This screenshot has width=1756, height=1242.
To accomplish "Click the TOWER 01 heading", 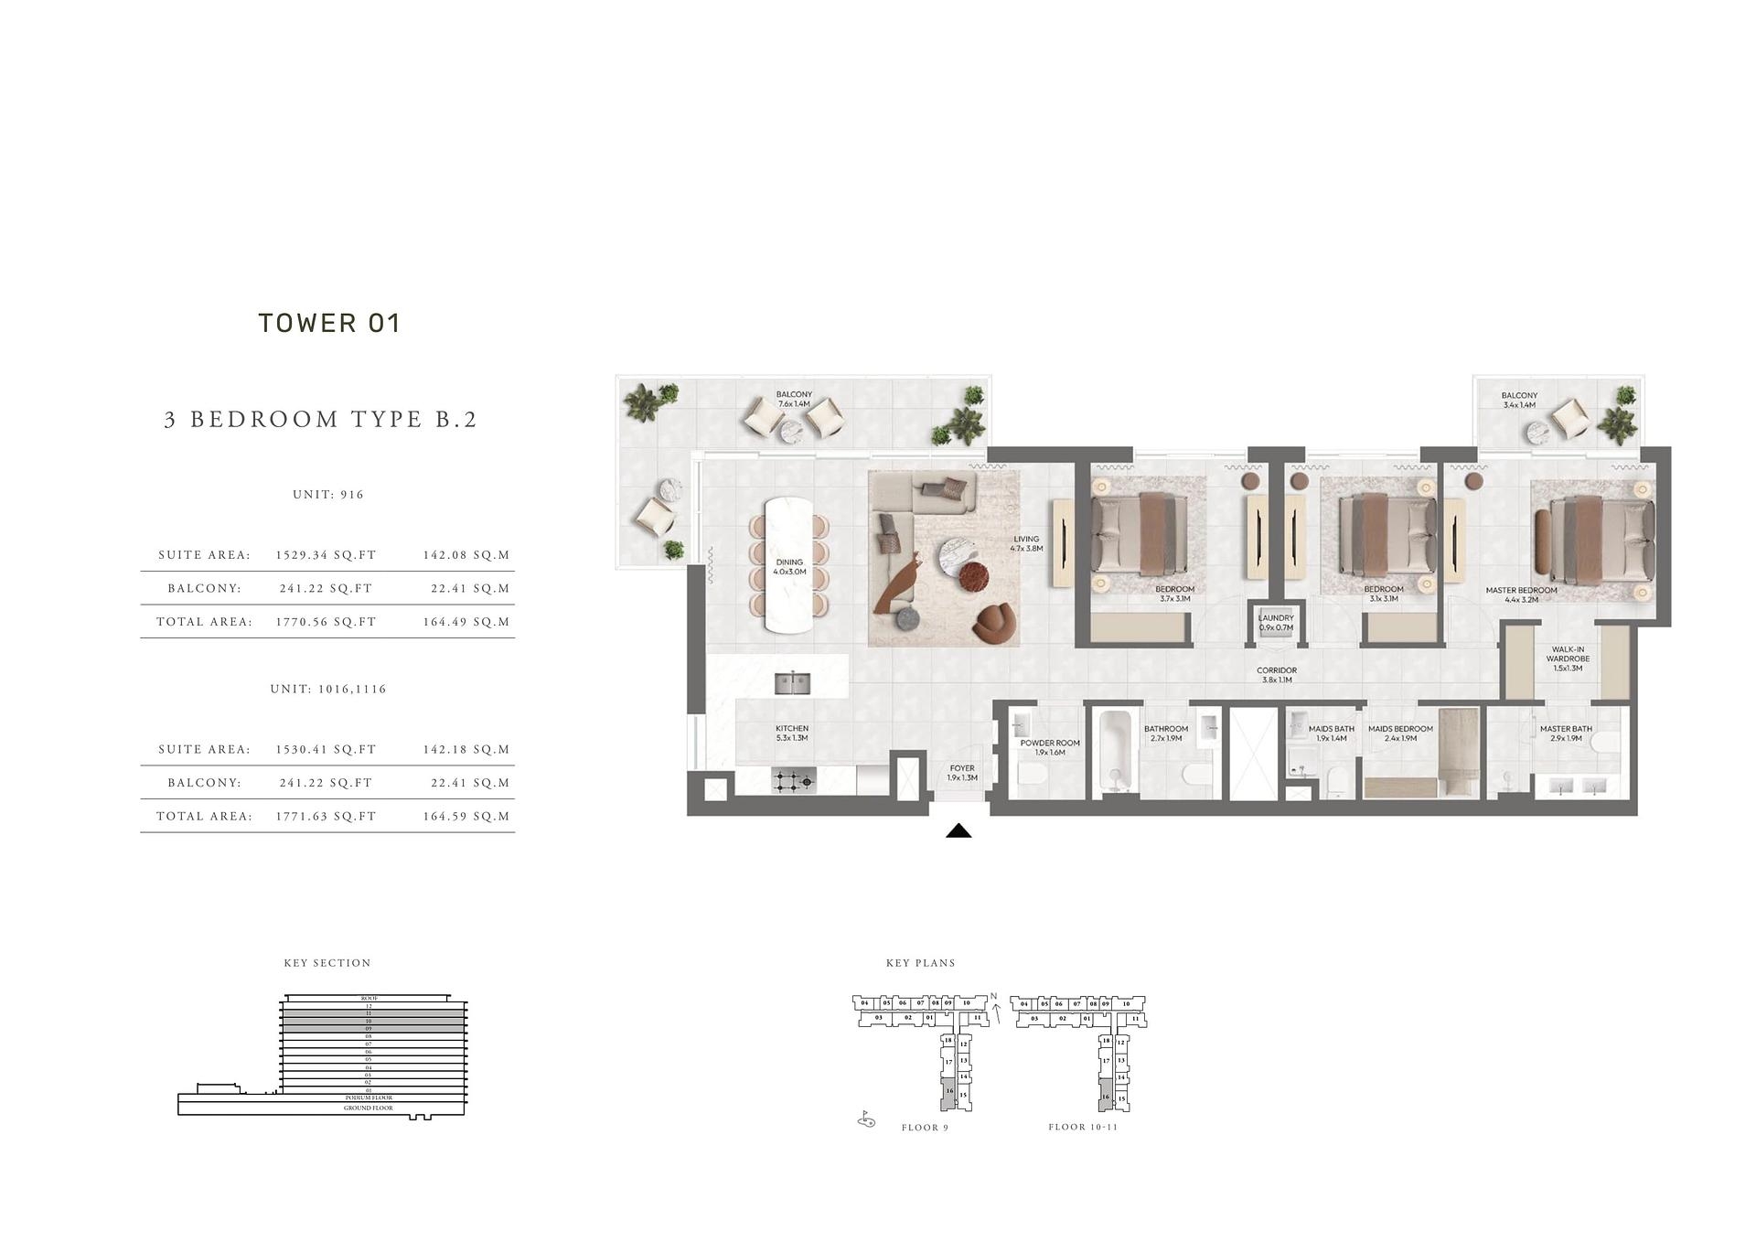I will pos(329,324).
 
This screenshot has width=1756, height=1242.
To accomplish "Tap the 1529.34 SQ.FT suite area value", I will pos(326,555).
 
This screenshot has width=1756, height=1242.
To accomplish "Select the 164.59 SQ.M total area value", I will pos(466,817).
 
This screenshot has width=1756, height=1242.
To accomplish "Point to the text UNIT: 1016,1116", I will pos(328,690).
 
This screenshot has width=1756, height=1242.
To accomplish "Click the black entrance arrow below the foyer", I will pos(958,830).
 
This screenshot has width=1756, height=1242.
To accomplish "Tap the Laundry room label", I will pos(1275,623).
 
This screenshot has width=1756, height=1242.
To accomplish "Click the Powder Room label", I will pos(1050,747).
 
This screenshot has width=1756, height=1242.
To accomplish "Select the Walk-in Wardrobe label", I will pos(1568,658).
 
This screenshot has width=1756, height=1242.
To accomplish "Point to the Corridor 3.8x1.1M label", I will pos(1276,675).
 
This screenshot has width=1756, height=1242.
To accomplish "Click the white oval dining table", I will pos(789,564).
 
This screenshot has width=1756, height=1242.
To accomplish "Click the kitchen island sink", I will pos(791,682).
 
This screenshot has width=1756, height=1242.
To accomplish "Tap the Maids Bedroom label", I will pos(1400,733).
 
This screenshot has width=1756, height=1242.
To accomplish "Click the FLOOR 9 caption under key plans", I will pos(925,1128).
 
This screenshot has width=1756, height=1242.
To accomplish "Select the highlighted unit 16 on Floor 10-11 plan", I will pos(1106,1094).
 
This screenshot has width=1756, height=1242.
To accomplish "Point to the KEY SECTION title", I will pos(327,963).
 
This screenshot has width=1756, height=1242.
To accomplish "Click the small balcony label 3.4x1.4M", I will pos(1519,400).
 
